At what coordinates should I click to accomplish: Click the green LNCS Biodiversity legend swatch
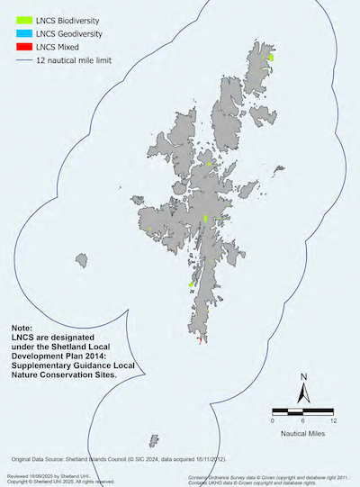click(16, 18)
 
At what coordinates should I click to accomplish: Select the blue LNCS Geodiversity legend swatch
click(16, 32)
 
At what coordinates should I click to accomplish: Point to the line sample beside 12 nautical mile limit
click(16, 60)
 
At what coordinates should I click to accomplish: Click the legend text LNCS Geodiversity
click(67, 32)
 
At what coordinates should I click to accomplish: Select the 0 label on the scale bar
click(273, 420)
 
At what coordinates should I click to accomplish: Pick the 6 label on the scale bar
click(303, 420)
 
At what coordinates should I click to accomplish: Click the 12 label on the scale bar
click(334, 420)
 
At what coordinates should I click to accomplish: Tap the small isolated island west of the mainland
click(84, 260)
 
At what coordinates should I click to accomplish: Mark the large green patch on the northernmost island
click(271, 57)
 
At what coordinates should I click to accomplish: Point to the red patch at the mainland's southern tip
click(199, 339)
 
